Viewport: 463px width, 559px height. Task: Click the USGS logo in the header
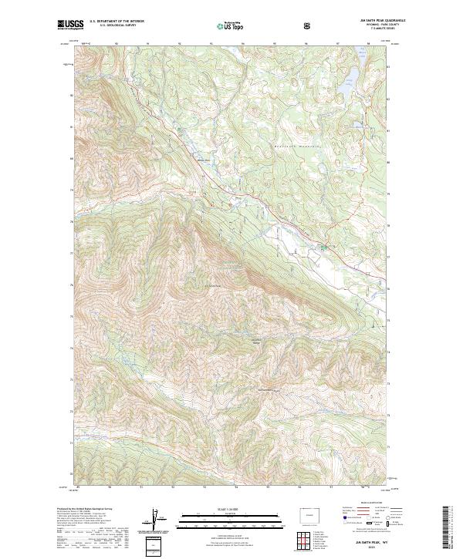68,25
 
